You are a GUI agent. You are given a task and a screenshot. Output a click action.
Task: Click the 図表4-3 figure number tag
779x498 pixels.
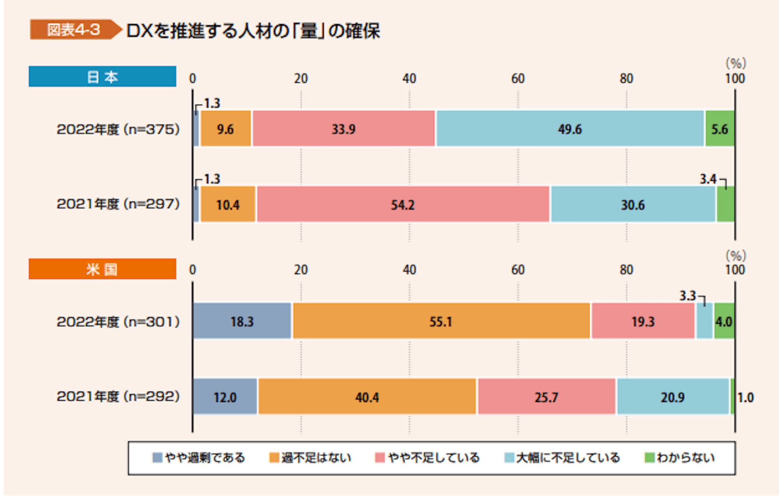click(x=73, y=30)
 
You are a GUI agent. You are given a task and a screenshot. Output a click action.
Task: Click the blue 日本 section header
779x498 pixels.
click(x=102, y=77)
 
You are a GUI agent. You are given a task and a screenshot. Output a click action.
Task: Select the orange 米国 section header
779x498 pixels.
click(x=102, y=269)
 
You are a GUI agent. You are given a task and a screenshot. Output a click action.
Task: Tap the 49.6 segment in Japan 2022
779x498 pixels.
click(x=570, y=129)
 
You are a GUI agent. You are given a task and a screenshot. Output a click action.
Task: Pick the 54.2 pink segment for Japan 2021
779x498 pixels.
click(x=403, y=204)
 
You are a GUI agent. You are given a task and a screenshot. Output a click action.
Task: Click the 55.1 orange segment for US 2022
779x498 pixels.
click(x=441, y=321)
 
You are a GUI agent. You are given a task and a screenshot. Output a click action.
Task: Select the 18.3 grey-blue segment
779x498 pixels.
click(x=242, y=321)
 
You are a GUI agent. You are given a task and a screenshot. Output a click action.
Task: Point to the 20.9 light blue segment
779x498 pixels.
click(x=672, y=397)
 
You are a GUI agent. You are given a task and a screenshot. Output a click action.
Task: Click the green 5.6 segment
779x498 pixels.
click(x=719, y=129)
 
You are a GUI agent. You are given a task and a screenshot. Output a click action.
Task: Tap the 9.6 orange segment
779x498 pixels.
click(x=226, y=129)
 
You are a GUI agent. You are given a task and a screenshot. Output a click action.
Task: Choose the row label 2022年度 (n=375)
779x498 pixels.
click(x=118, y=129)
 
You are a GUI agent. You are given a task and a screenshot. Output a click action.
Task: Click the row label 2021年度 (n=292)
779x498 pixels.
click(x=118, y=396)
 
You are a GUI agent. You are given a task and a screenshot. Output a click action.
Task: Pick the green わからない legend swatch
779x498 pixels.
click(x=649, y=458)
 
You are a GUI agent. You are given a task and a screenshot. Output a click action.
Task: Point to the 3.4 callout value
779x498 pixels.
click(x=708, y=179)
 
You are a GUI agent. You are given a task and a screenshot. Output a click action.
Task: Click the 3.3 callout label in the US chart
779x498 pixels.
click(x=687, y=296)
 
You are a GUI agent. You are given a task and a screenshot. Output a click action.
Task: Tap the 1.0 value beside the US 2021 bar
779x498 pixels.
click(x=746, y=398)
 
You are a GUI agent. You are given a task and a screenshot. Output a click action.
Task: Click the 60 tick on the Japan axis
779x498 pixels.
click(x=518, y=79)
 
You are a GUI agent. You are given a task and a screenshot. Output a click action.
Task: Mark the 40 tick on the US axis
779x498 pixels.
click(x=409, y=270)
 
